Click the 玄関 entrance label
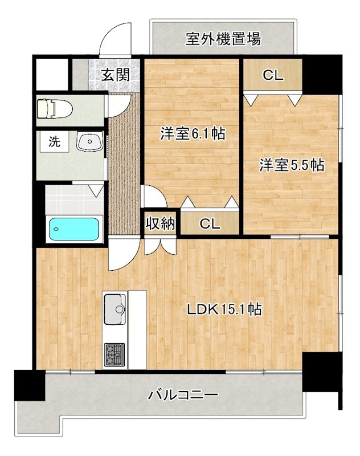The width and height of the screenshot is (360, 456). point(115,75)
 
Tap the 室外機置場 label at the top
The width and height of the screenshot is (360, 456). point(223,39)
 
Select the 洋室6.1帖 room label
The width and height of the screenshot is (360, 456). point(191,135)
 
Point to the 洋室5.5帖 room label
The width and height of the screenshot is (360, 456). point(292,165)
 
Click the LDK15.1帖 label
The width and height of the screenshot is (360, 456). point(224,310)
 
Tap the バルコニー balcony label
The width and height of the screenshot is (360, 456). point(183,394)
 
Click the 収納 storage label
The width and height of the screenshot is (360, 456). point(160,223)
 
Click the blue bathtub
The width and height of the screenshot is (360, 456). point(75,229)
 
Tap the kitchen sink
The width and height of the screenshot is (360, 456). point(115,310)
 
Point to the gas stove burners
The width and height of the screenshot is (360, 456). point(114,354)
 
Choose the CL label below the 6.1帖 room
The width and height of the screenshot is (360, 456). point(209,224)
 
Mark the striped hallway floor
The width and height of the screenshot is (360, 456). point(123,171)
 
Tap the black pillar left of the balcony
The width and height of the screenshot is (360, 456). point(29,384)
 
